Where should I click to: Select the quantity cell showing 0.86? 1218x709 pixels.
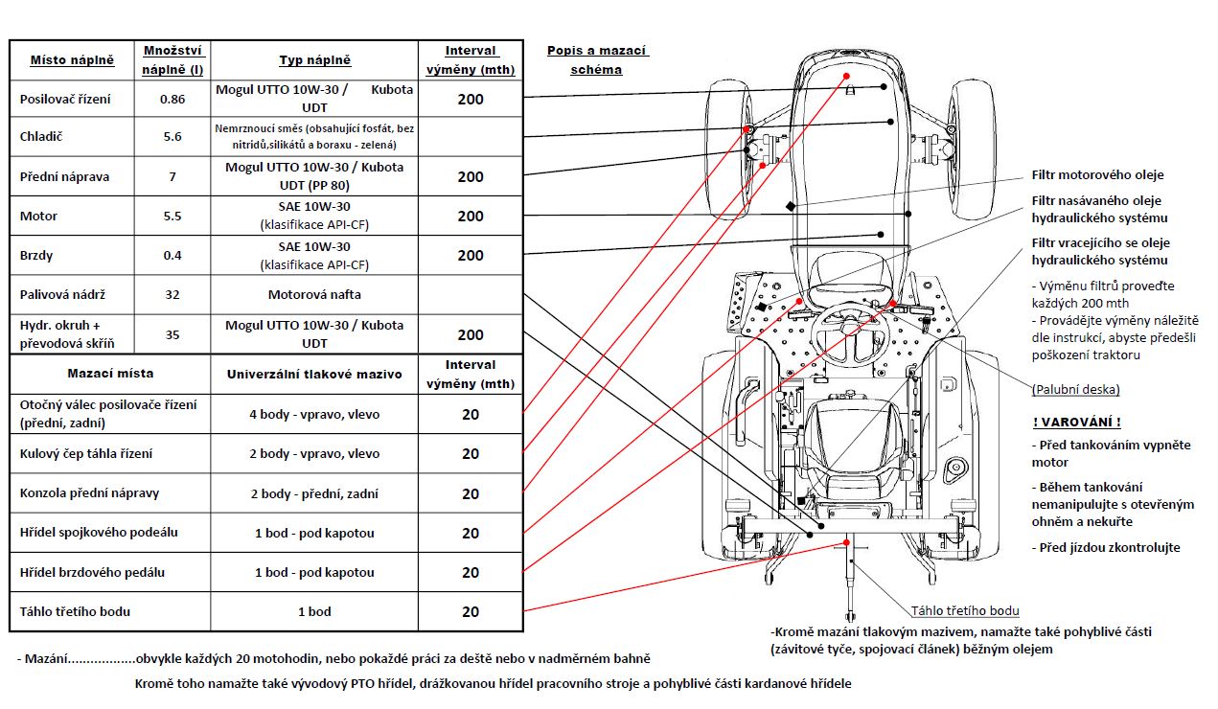(172, 99)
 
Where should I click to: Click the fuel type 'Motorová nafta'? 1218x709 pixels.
(314, 294)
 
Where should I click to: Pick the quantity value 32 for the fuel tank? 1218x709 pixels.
(172, 294)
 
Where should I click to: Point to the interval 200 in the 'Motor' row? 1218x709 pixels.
(471, 217)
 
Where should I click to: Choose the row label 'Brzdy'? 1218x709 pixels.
(36, 256)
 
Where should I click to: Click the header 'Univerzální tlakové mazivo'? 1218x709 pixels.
(314, 373)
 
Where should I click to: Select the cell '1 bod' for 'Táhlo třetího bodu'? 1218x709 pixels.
(314, 611)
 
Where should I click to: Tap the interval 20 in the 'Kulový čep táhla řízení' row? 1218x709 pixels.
(471, 454)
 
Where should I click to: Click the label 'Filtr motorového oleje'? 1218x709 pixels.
(1097, 174)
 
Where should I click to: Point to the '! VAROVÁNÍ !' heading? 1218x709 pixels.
(1077, 423)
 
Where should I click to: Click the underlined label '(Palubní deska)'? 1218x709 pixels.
(1075, 390)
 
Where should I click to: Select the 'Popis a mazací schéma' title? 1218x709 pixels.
(597, 59)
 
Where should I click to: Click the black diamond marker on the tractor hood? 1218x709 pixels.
(790, 206)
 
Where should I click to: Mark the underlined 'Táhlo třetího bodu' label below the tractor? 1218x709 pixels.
(964, 610)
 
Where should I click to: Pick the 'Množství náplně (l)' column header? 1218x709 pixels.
(172, 59)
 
